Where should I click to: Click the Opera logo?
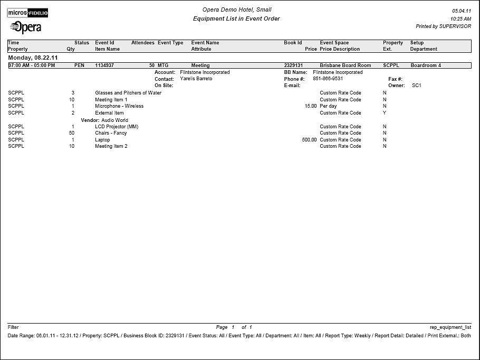(25, 27)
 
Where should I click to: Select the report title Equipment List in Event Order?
(236, 18)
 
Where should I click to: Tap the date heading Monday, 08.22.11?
(33, 57)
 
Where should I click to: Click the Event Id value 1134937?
(104, 65)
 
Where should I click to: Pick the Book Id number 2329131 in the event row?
(293, 65)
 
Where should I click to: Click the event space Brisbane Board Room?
(345, 65)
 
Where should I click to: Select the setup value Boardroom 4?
(426, 65)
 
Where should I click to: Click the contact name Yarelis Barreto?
(196, 79)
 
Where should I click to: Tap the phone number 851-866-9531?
(328, 79)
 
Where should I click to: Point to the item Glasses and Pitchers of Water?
(128, 93)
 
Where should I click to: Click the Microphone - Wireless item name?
(119, 106)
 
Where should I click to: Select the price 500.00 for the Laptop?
(309, 140)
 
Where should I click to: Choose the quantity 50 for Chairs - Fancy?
(72, 133)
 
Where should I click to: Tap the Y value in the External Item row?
(385, 113)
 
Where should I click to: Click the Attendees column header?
(142, 43)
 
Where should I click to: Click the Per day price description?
(328, 106)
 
